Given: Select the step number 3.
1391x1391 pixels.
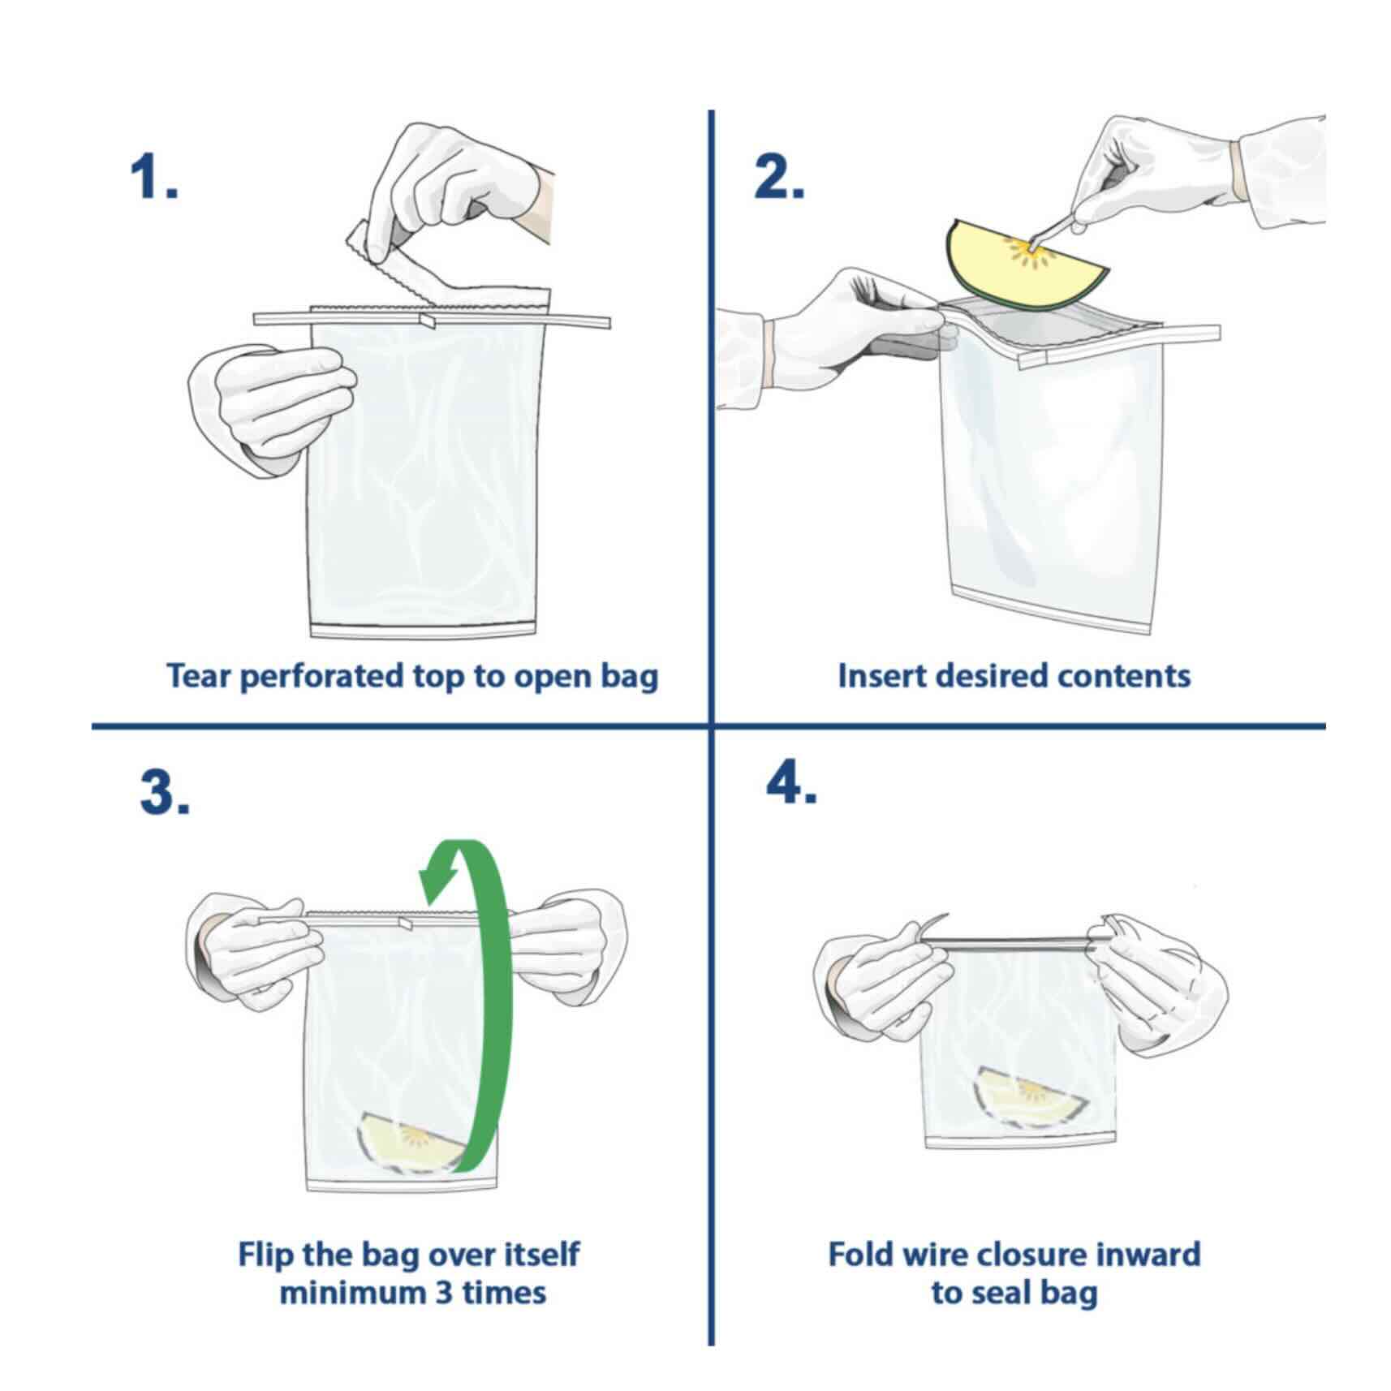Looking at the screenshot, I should (164, 792).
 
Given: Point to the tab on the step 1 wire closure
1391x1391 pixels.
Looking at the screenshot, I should (427, 321).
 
